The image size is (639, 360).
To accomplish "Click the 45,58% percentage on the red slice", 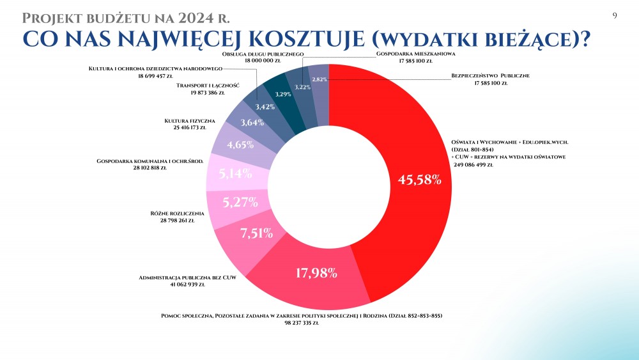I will pos(420,180).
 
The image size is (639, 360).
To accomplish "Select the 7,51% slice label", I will pos(257,233).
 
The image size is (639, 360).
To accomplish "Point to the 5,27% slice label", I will pos(240,203).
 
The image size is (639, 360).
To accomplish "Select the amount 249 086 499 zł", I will pos(482,165).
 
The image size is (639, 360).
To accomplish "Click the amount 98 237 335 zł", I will pos(298,324).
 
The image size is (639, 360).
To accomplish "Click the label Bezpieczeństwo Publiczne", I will pos(491,75).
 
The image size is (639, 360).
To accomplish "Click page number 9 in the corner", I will pos(614,15).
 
